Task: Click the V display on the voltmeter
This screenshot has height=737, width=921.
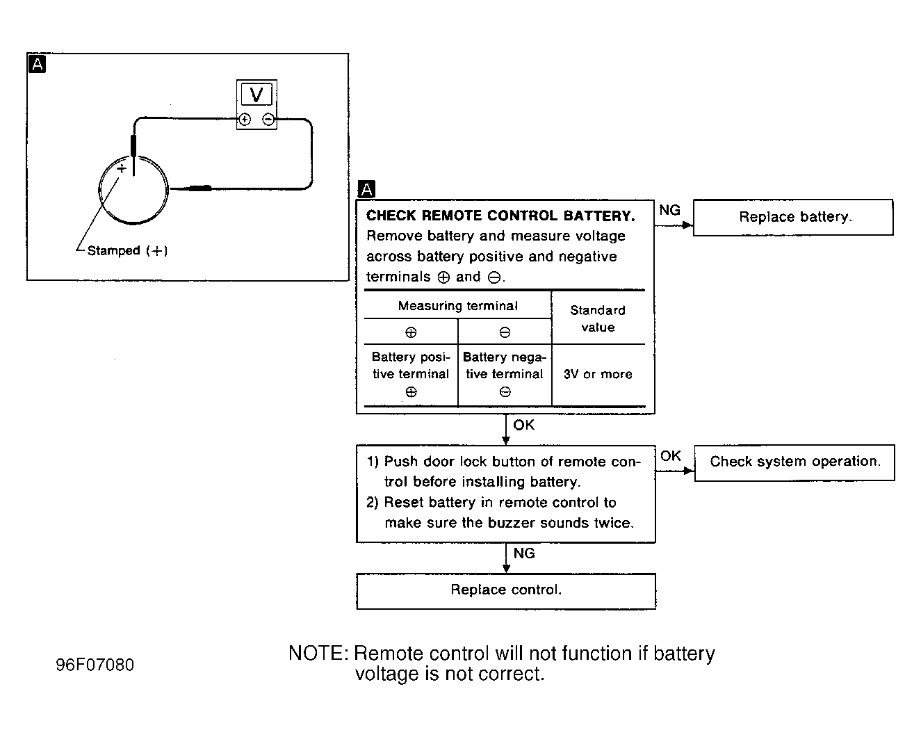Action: point(256,95)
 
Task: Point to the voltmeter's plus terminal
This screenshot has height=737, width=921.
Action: point(245,119)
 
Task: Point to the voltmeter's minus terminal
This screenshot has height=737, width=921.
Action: point(268,119)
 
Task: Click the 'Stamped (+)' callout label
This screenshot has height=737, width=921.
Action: point(127,250)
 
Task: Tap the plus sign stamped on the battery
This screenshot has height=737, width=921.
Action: point(122,168)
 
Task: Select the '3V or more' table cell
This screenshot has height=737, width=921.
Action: point(598,374)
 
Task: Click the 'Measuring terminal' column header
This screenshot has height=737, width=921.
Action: point(457,306)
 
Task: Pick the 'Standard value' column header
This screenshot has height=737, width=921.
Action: point(598,318)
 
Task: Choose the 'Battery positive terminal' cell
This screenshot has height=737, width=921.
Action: point(411,374)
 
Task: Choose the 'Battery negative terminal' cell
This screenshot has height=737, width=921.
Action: point(505,374)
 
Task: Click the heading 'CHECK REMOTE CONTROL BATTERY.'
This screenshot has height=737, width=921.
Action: point(500,216)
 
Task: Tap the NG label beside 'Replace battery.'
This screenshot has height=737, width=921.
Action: point(670,210)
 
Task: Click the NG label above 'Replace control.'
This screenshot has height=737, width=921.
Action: point(524,553)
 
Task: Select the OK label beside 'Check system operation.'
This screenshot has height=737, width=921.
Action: point(671,456)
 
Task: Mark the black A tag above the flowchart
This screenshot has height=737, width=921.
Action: point(367,189)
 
